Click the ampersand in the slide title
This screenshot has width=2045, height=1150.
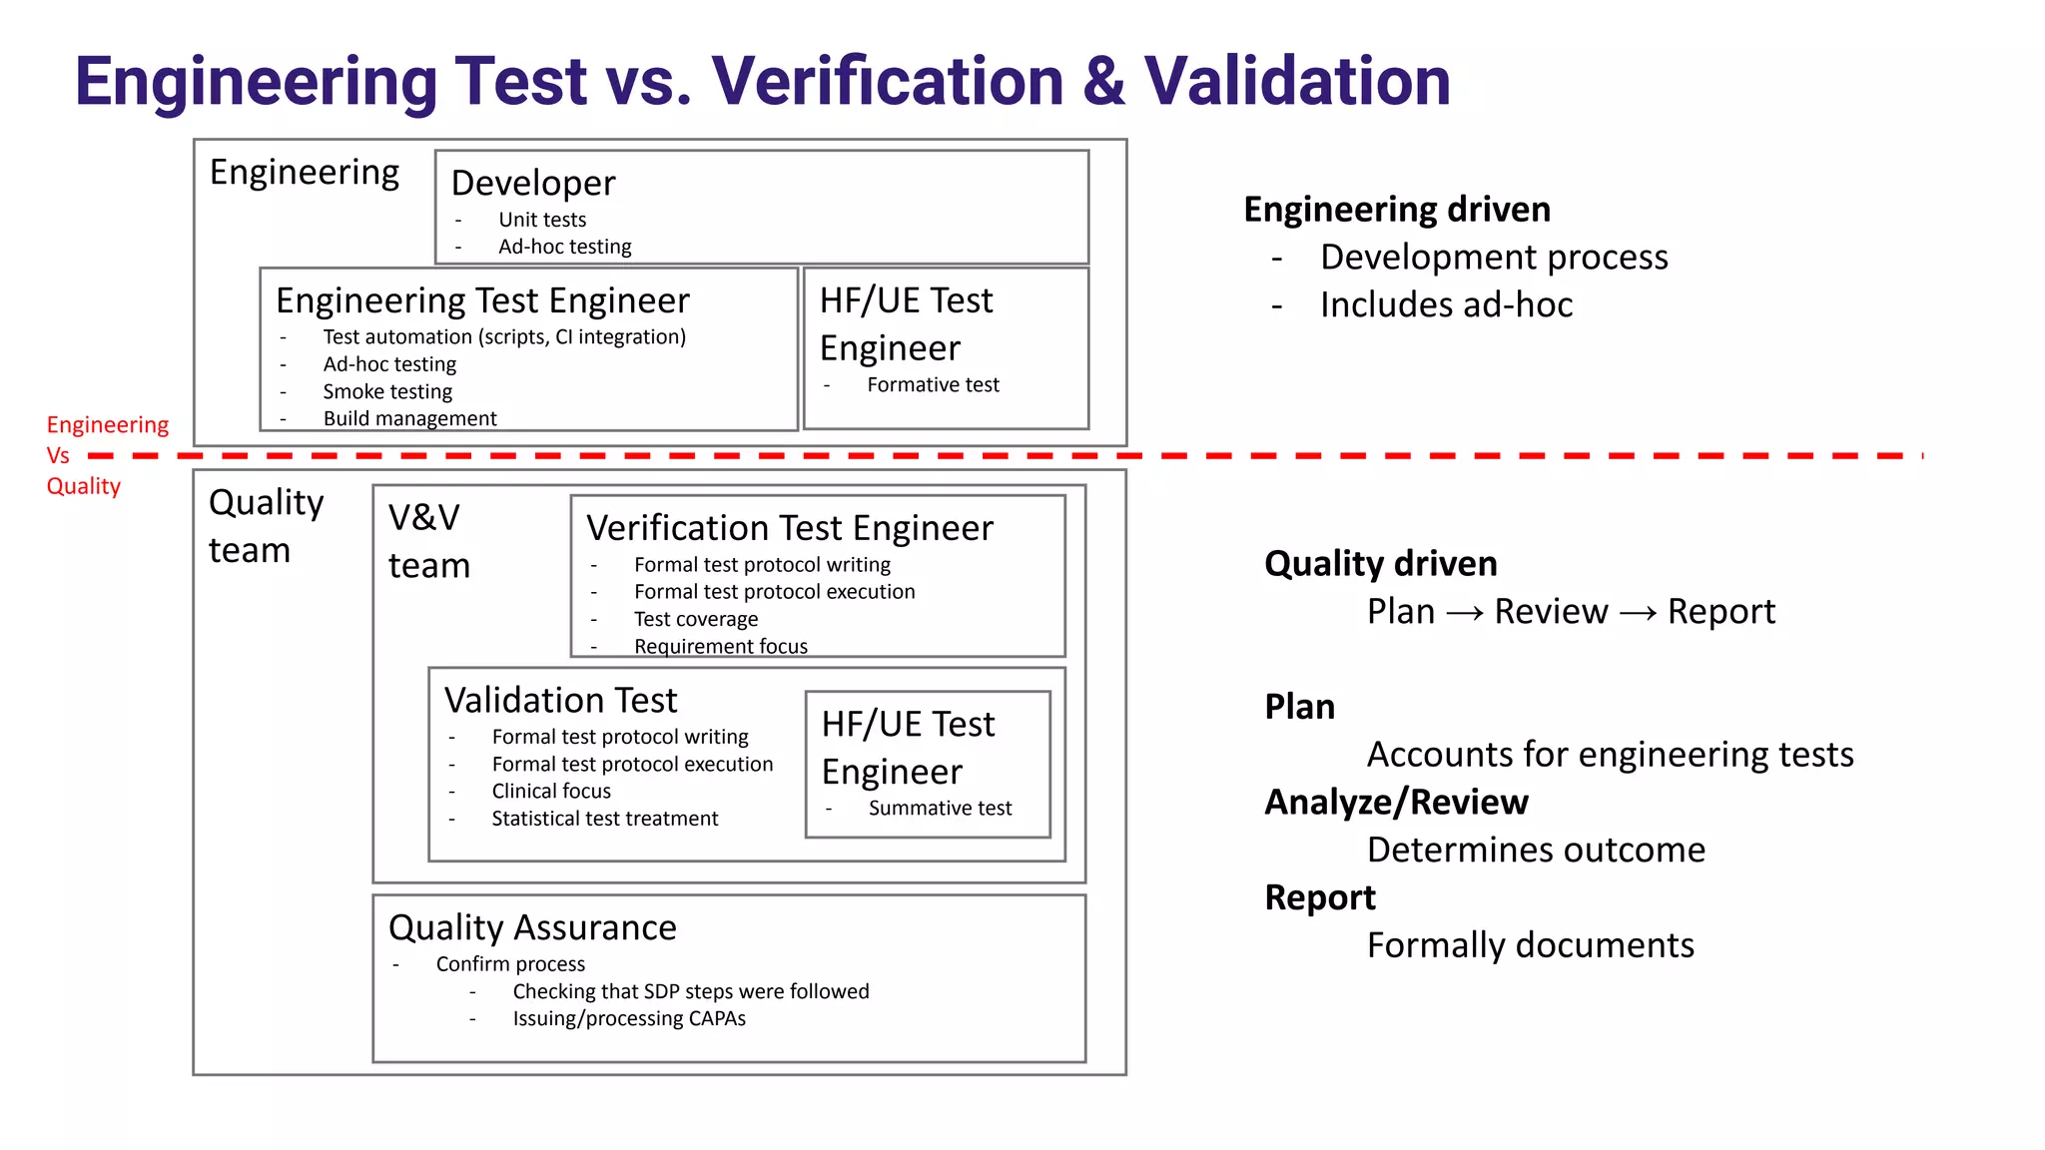[x=1103, y=82]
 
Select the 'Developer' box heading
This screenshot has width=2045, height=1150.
[x=533, y=184]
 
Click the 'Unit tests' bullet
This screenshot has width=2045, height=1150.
[x=542, y=220]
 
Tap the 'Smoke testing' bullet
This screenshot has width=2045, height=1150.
[x=387, y=391]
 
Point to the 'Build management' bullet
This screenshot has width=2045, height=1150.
[x=409, y=418]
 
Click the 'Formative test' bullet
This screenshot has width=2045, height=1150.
[x=933, y=385]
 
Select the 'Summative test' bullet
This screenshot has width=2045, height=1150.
[x=940, y=809]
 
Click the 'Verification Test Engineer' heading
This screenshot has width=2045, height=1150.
[x=789, y=528]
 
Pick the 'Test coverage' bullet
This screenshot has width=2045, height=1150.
[x=696, y=619]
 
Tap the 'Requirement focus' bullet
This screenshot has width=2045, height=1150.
[x=720, y=646]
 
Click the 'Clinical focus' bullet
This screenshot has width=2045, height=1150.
[x=551, y=792]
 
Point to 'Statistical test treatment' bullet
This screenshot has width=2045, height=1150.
[x=604, y=819]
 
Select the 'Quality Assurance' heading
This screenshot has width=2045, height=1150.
[x=532, y=928]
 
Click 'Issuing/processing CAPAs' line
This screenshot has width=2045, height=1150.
[x=629, y=1019]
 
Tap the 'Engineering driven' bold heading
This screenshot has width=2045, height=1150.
[x=1397, y=210]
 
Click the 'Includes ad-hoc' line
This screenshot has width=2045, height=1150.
[x=1446, y=305]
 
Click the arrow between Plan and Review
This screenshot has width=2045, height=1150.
[x=1464, y=613]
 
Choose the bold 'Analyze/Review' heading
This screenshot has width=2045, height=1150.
[x=1396, y=803]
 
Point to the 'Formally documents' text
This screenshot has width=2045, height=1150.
[x=1530, y=945]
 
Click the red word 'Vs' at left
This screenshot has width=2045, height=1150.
[x=58, y=456]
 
